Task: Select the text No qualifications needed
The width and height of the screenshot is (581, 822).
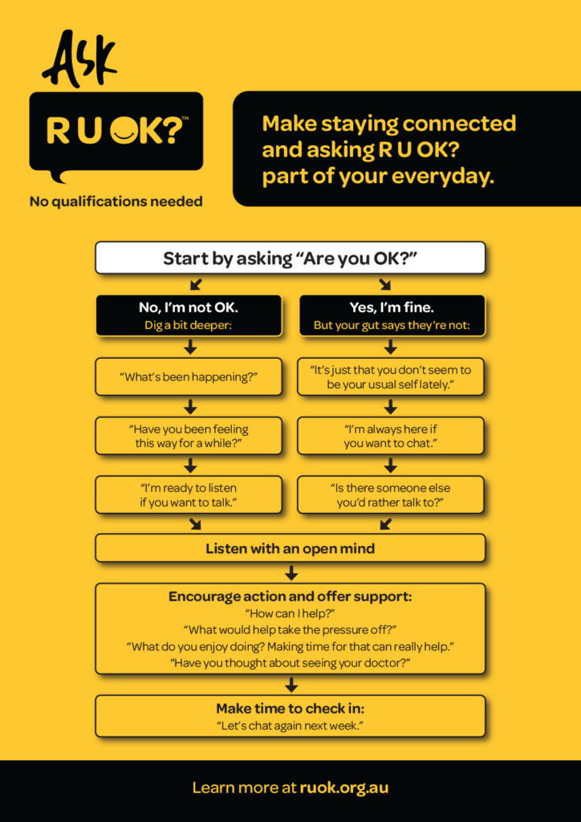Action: click(x=116, y=201)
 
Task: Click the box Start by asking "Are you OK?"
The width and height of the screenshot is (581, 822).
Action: click(x=290, y=258)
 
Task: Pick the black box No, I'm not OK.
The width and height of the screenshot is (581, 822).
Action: click(x=189, y=315)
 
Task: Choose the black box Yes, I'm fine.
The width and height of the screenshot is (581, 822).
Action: click(x=391, y=315)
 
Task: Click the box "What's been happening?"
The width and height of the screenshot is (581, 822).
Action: click(x=189, y=376)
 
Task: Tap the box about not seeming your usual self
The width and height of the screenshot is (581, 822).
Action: click(x=391, y=376)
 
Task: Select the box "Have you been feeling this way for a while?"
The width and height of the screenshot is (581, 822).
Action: click(x=189, y=436)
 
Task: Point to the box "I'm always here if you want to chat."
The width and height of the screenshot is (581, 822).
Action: click(x=391, y=436)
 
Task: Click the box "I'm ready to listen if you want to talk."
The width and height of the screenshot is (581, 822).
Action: click(x=189, y=494)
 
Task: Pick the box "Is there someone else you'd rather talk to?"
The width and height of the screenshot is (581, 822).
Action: click(x=391, y=494)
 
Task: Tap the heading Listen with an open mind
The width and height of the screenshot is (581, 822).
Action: click(x=290, y=549)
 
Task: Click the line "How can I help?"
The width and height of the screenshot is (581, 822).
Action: click(x=290, y=613)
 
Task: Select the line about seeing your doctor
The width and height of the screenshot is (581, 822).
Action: click(x=290, y=662)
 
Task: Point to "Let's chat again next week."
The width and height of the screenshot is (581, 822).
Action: click(x=290, y=725)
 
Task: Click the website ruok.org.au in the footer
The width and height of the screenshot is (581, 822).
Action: click(x=343, y=787)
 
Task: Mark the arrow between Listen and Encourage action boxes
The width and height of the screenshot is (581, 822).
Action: click(x=291, y=572)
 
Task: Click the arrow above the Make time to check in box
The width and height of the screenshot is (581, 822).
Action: click(x=291, y=685)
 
